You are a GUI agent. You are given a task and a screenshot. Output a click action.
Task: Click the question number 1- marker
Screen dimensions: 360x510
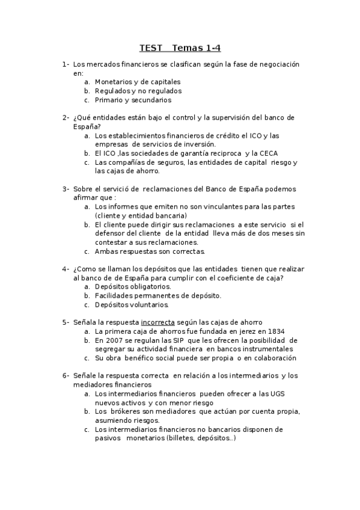(65, 64)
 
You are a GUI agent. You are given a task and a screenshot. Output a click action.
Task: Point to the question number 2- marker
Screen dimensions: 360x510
(65, 118)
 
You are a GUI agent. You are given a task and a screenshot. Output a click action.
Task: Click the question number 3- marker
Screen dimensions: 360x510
(65, 189)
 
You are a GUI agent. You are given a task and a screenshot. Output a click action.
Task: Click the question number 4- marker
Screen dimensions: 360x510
(65, 269)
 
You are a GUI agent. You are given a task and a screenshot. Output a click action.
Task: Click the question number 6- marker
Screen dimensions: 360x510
(65, 376)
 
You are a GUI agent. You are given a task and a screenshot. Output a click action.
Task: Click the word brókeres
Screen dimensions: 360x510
(126, 411)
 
